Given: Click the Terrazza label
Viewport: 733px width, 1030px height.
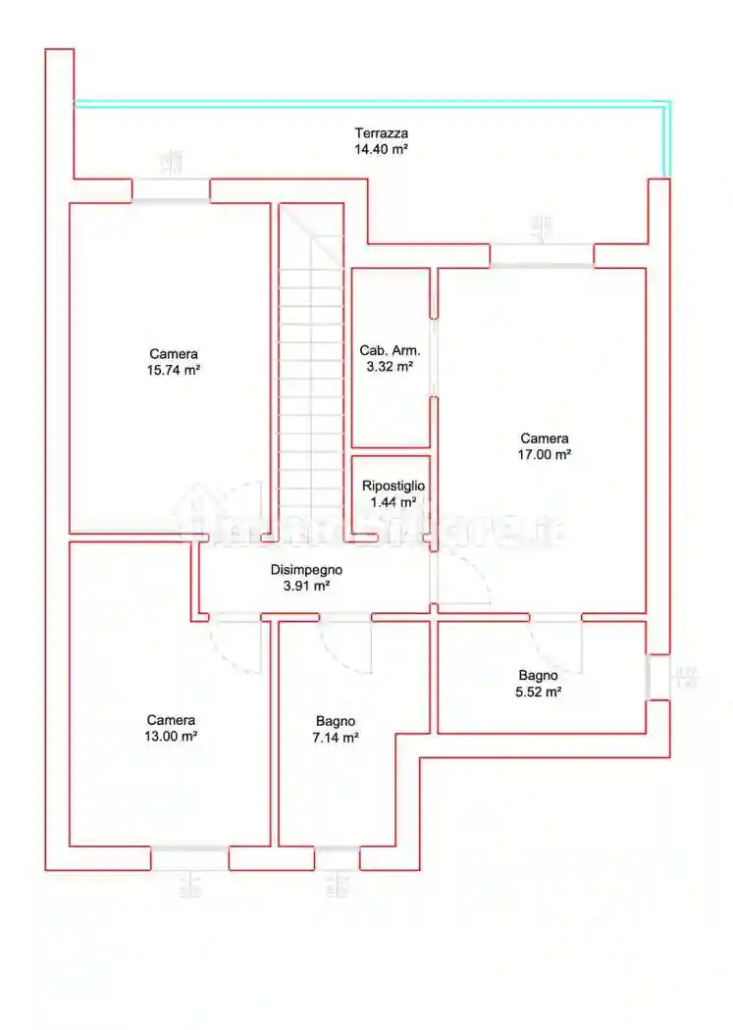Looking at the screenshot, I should pyautogui.click(x=381, y=133).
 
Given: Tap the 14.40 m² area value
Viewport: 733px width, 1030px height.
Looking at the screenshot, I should pyautogui.click(x=381, y=150).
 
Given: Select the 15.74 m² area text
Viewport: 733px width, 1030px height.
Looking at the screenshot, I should pyautogui.click(x=175, y=370).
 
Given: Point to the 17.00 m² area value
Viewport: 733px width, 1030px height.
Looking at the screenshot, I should pyautogui.click(x=545, y=454).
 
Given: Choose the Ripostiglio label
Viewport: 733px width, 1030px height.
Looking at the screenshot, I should pyautogui.click(x=393, y=486).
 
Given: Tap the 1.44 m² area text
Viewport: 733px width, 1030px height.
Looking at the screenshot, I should pyautogui.click(x=393, y=502).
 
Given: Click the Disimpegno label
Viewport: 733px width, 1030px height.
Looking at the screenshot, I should pyautogui.click(x=306, y=569).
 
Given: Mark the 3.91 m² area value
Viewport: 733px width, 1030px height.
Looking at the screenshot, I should pyautogui.click(x=306, y=586).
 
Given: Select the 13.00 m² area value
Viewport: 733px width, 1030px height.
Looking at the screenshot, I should pyautogui.click(x=171, y=736).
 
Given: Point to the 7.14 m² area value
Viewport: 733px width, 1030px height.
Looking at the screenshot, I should pyautogui.click(x=336, y=738).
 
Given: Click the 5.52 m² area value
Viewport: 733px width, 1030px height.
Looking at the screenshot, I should pyautogui.click(x=539, y=692).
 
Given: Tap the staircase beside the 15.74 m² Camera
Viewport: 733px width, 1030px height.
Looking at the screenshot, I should pyautogui.click(x=310, y=373).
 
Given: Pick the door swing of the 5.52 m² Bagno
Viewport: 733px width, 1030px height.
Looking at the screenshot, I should pyautogui.click(x=556, y=644).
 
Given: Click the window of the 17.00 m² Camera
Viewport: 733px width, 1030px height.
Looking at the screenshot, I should pyautogui.click(x=542, y=256).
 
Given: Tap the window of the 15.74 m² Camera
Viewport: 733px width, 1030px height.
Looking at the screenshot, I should pyautogui.click(x=172, y=190).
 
